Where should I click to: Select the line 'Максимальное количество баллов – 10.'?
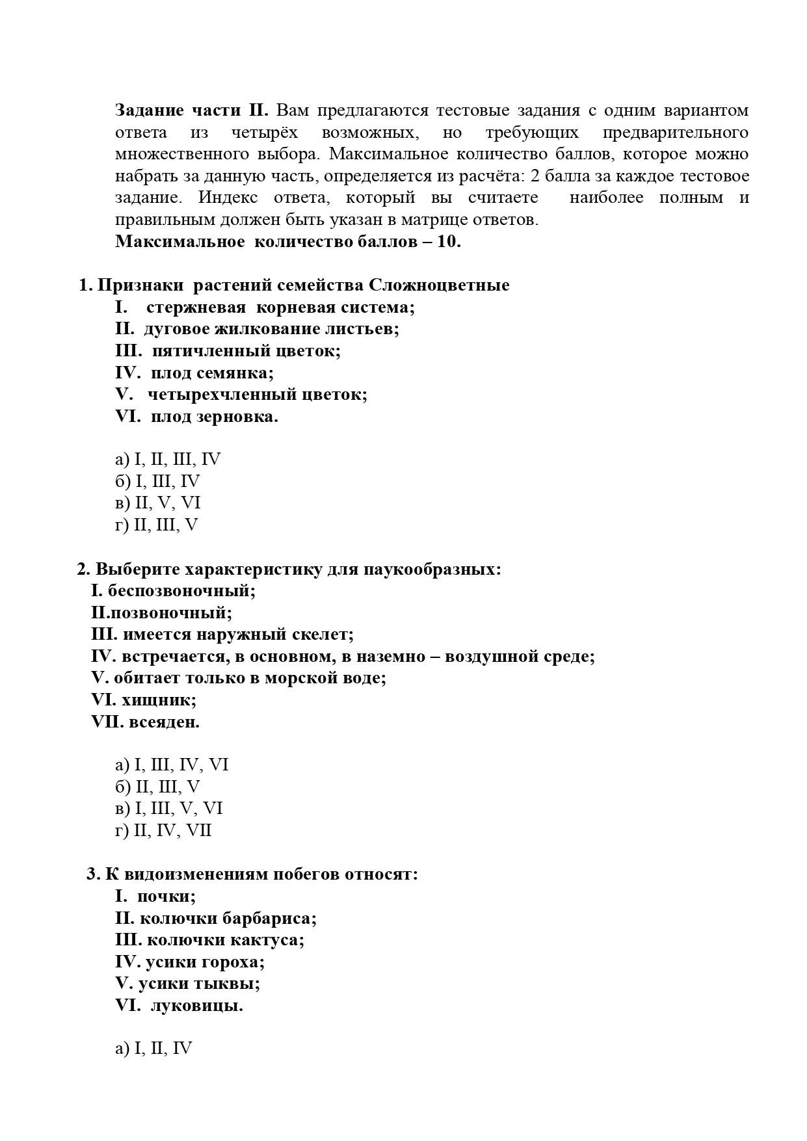click(288, 242)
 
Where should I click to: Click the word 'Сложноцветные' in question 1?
click(439, 285)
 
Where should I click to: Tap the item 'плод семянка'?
click(212, 373)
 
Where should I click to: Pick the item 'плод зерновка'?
click(214, 417)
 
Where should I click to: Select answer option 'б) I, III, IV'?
click(157, 482)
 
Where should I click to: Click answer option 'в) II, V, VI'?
click(158, 503)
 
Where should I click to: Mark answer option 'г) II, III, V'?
click(156, 525)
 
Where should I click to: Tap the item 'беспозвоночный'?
click(181, 591)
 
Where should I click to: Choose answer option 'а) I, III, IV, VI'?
click(172, 765)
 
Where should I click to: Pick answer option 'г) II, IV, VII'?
click(163, 831)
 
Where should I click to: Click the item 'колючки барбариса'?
click(228, 919)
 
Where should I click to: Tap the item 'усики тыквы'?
click(199, 984)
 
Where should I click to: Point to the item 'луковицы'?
click(196, 1006)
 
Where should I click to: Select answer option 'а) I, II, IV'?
click(153, 1049)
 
